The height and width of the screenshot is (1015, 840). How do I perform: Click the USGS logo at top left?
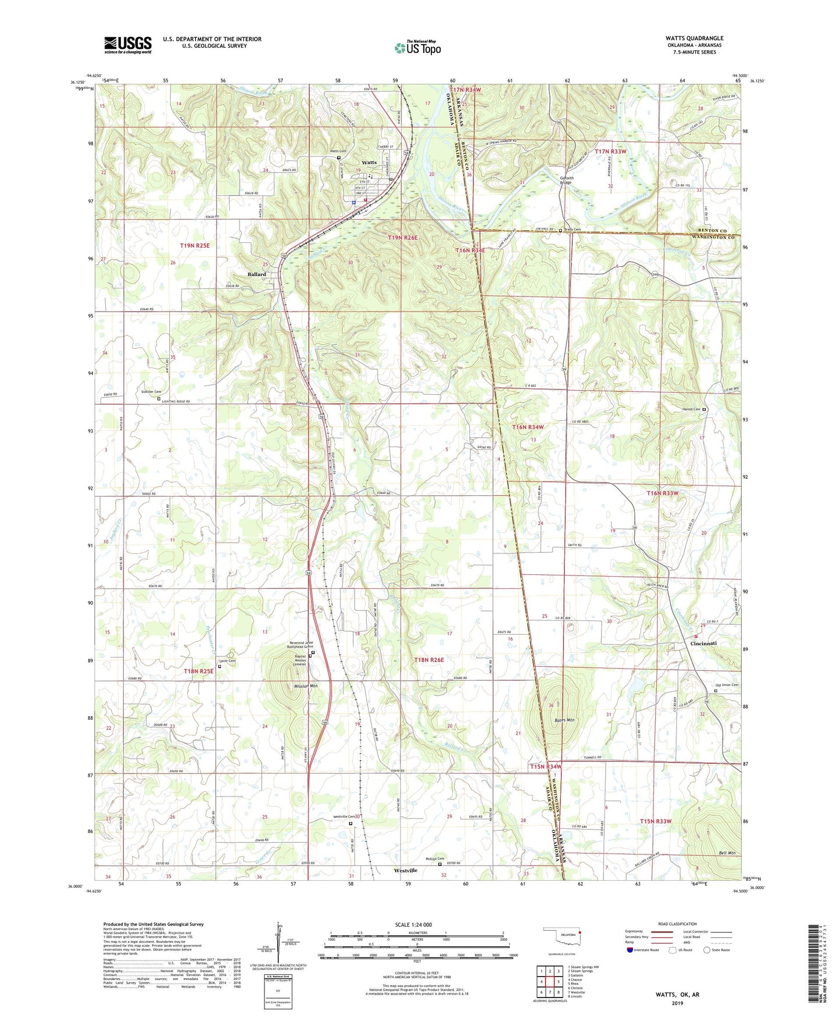(x=128, y=45)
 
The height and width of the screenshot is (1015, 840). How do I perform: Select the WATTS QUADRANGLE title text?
(x=694, y=38)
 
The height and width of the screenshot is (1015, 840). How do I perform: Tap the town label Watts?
(x=369, y=163)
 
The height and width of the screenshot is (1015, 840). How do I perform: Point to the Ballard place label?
(x=256, y=274)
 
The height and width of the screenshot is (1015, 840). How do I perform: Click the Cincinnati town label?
(x=703, y=644)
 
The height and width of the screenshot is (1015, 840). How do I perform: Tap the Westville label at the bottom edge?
(x=405, y=871)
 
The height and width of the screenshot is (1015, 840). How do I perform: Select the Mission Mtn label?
(x=306, y=687)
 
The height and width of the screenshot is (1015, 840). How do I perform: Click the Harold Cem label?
(x=691, y=409)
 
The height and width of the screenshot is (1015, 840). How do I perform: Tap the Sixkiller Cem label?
(x=151, y=392)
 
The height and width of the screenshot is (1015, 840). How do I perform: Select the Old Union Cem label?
(x=726, y=685)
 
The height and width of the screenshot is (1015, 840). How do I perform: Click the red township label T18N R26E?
(x=429, y=660)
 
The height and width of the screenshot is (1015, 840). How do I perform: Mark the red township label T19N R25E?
(x=194, y=246)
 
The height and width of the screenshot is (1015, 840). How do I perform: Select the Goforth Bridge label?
(x=566, y=180)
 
